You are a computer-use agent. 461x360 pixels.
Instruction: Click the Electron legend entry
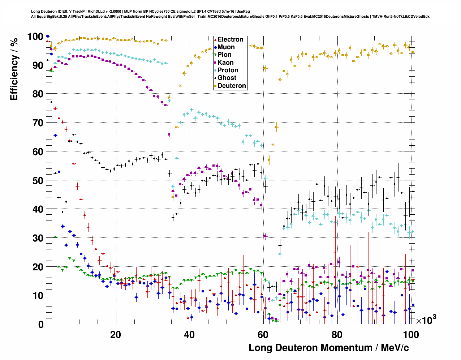[x=230, y=39]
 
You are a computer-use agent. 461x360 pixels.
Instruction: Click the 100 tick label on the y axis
[x=35, y=37]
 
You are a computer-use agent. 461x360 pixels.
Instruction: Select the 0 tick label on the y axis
[x=40, y=325]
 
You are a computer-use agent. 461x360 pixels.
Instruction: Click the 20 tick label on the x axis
[x=116, y=335]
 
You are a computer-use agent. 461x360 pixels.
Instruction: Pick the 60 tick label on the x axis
[x=263, y=335]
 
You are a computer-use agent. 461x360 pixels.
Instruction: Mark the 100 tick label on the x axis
[x=411, y=335]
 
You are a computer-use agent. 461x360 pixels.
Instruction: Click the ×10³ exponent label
[x=426, y=320]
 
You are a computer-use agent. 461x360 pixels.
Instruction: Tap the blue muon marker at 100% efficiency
[x=48, y=36]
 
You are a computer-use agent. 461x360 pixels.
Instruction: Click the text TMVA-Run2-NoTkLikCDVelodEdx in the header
[x=401, y=16]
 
